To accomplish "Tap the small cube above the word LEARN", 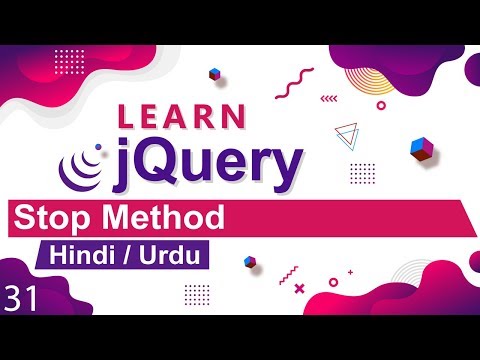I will click(x=213, y=74).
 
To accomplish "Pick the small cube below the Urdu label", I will click(x=251, y=261).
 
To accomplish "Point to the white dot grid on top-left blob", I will click(x=70, y=57).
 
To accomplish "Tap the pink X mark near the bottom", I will click(x=299, y=288).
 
